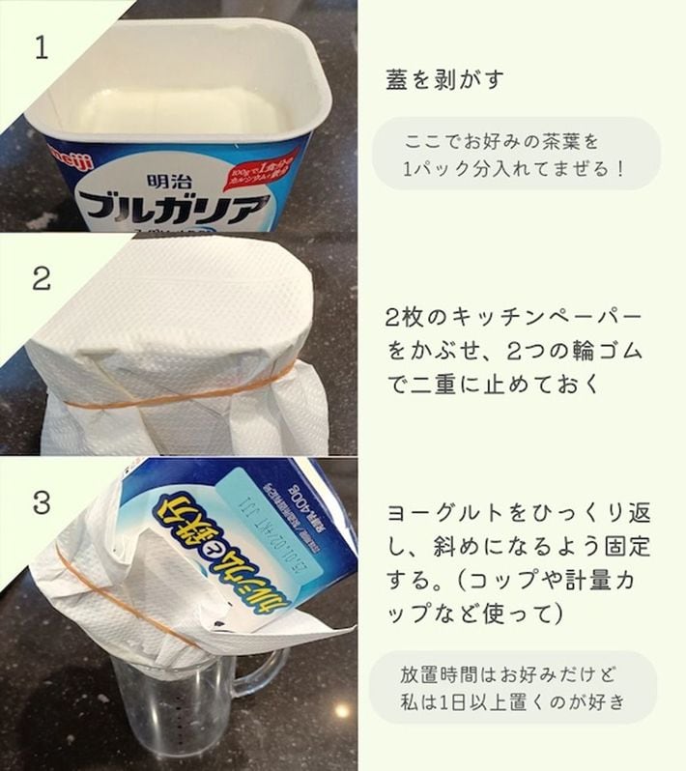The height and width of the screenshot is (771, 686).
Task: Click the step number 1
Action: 40,49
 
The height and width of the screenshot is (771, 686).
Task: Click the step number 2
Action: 41,279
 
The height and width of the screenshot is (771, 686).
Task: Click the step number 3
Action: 41,503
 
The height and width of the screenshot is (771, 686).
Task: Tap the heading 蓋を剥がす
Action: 444,79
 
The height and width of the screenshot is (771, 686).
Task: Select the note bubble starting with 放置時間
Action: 513,687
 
